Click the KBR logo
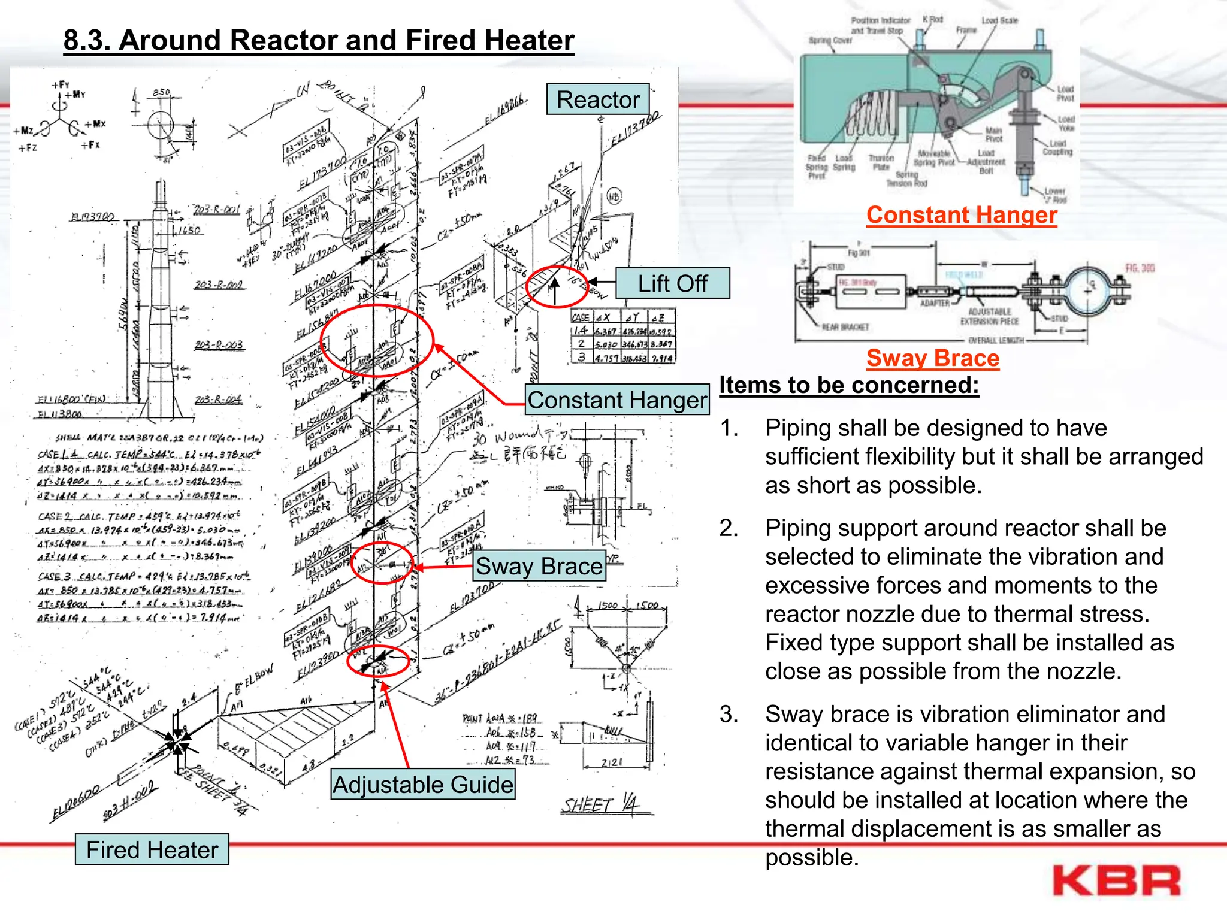[x=1116, y=882]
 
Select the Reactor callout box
[x=598, y=99]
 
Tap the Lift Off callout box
[x=672, y=283]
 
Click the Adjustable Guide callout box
[x=423, y=785]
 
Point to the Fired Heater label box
[x=152, y=849]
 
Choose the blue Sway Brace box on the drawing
[x=539, y=566]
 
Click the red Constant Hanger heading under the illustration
[x=961, y=215]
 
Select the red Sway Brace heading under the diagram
[x=932, y=358]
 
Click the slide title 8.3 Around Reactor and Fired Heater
[x=319, y=41]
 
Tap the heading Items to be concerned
[x=848, y=385]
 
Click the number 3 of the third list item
[x=729, y=715]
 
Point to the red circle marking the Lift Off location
[x=557, y=287]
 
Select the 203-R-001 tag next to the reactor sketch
[x=216, y=209]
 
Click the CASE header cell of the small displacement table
[x=581, y=317]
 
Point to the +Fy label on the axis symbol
[x=61, y=85]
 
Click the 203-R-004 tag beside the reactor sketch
[x=218, y=400]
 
